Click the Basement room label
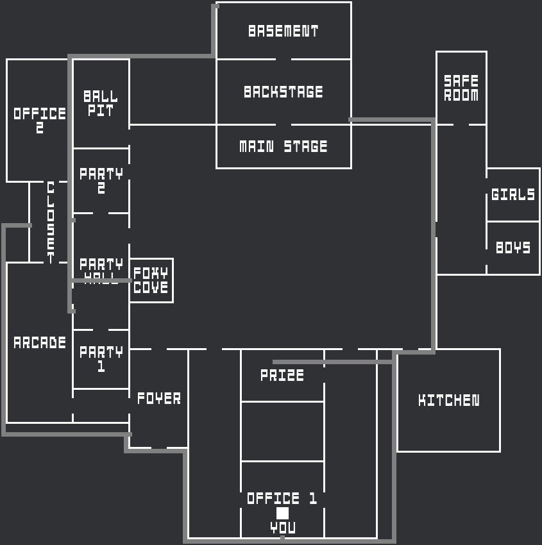(x=284, y=31)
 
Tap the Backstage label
(x=284, y=92)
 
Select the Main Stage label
(x=284, y=147)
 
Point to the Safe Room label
(x=461, y=88)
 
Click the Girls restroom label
(x=513, y=194)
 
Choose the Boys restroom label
(x=513, y=247)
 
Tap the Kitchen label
(x=448, y=401)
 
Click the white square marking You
(x=282, y=513)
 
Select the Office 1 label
(x=282, y=498)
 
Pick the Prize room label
(x=282, y=375)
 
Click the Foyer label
(x=159, y=398)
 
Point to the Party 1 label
(x=101, y=359)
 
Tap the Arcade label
(x=40, y=342)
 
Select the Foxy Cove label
(x=151, y=281)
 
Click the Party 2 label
(x=101, y=181)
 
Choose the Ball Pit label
(x=101, y=104)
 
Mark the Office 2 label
(x=40, y=120)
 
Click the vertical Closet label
(x=51, y=222)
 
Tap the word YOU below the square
(x=283, y=528)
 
